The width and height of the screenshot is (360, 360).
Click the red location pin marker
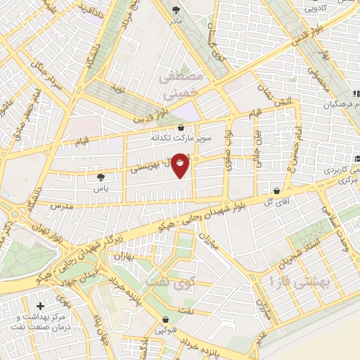coord(181,165)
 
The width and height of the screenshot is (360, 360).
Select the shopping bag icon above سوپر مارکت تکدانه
coord(182,127)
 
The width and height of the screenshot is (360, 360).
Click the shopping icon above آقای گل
coord(278,190)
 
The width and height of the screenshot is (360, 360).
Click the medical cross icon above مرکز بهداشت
coord(40,307)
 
